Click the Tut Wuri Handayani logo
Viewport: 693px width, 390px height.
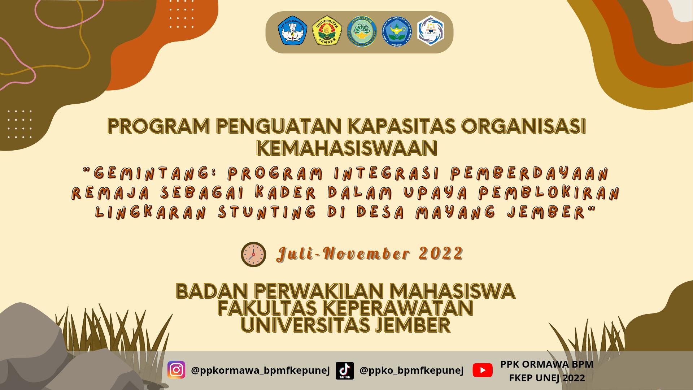click(x=292, y=31)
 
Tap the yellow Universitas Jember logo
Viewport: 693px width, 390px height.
click(x=327, y=31)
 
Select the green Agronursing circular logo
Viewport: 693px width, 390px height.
click(x=362, y=31)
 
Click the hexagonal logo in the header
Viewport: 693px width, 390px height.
click(x=431, y=31)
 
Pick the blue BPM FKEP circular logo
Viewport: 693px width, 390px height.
click(x=397, y=31)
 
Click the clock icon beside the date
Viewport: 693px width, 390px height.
click(x=253, y=254)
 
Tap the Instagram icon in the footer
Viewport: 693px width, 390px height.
click(x=176, y=370)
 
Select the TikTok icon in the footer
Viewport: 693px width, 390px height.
click(x=345, y=370)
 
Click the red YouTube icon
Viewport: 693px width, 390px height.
click(x=483, y=370)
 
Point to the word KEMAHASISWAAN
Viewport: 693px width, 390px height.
click(x=346, y=148)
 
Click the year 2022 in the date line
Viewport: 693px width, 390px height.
click(x=441, y=253)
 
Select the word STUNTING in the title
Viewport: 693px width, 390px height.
click(x=267, y=212)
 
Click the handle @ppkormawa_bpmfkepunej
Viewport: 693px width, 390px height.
click(x=260, y=370)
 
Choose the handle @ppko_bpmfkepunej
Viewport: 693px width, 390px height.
click(x=411, y=370)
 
